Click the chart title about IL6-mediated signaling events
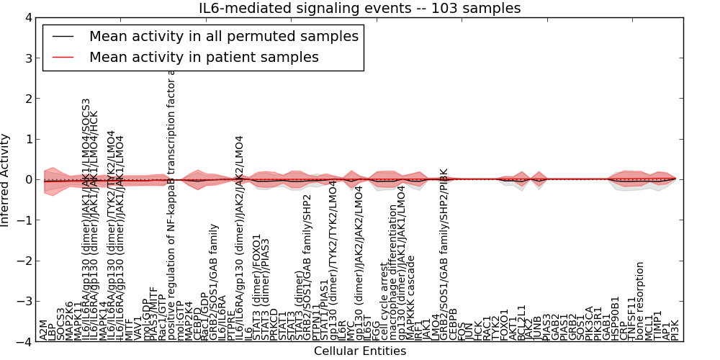(x=359, y=8)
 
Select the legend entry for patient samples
(x=204, y=57)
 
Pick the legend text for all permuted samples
(x=223, y=36)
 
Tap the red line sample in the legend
(x=63, y=57)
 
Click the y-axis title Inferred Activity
(x=6, y=180)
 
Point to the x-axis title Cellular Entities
(x=359, y=351)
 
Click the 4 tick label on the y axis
(x=27, y=17)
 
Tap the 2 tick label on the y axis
(x=27, y=99)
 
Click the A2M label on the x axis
(x=44, y=330)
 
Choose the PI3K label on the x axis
(x=675, y=328)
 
